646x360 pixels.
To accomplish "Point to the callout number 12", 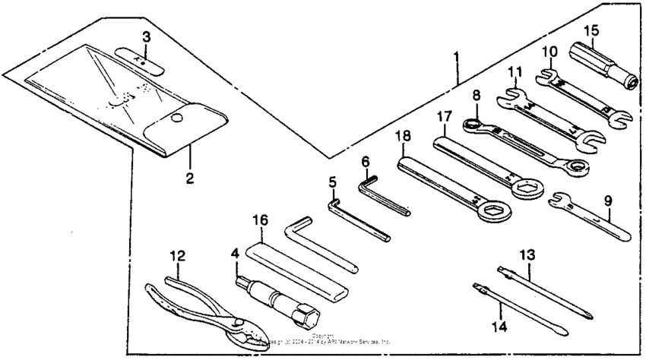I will coord(177,257).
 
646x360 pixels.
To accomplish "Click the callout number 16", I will coord(260,219).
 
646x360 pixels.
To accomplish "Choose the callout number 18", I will coord(403,137).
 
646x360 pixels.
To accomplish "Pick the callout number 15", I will coord(591,32).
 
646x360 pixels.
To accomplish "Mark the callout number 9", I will coord(608,201).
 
